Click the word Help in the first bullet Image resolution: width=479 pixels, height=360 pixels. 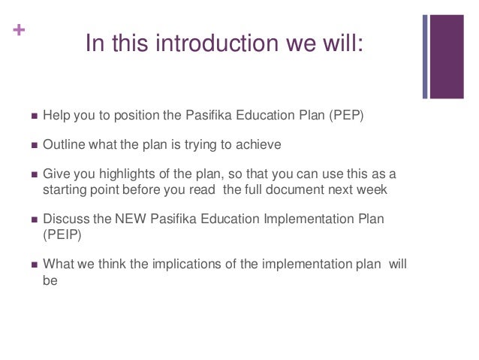pos(56,117)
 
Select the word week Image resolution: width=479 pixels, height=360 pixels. pos(373,188)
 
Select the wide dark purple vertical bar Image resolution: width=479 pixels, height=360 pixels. pos(449,57)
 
